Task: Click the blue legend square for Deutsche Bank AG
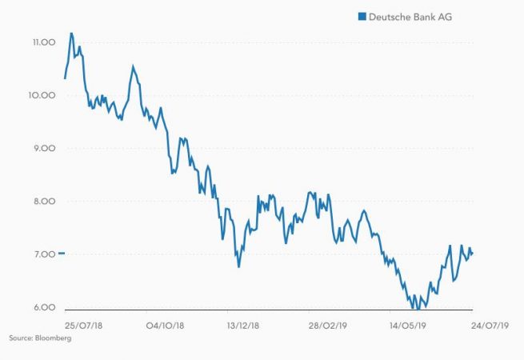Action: click(362, 16)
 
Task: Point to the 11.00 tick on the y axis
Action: click(41, 42)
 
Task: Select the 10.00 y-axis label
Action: click(41, 95)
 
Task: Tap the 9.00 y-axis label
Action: click(41, 149)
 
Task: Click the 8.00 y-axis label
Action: click(41, 202)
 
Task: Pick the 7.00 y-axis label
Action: click(41, 254)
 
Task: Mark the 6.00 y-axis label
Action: click(41, 308)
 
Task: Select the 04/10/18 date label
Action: click(166, 326)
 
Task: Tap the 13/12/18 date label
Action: click(244, 326)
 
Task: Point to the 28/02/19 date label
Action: click(327, 326)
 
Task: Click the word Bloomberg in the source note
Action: click(54, 339)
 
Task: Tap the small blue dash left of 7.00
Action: click(62, 254)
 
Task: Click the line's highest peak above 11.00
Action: click(71, 34)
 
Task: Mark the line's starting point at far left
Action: click(65, 78)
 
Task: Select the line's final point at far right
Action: click(472, 254)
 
